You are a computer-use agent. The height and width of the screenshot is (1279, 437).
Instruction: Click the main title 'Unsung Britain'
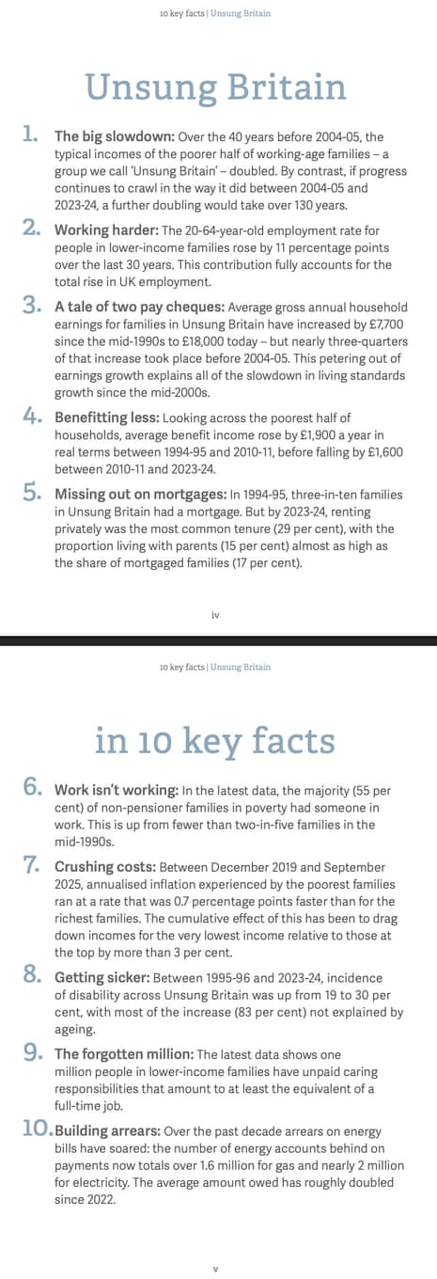click(x=216, y=88)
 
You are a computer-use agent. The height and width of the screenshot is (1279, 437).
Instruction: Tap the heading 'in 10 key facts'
click(x=215, y=741)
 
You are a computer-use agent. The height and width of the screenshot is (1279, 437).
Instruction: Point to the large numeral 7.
click(x=30, y=865)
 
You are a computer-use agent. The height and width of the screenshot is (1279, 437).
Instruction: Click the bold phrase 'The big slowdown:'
click(x=114, y=136)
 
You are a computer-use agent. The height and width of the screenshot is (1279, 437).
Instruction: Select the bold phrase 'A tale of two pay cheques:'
click(x=140, y=307)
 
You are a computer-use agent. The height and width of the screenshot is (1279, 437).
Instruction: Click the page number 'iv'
click(x=215, y=615)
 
